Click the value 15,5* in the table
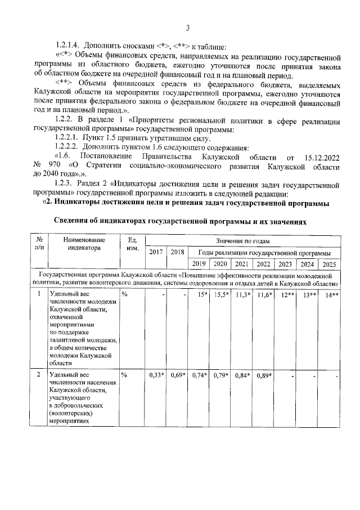pyautogui.click(x=220, y=294)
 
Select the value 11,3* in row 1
pyautogui.click(x=242, y=294)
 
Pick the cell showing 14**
pyautogui.click(x=330, y=294)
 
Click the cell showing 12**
pyautogui.click(x=286, y=294)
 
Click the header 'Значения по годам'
pyautogui.click(x=242, y=240)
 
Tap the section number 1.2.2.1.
pyautogui.click(x=66, y=137)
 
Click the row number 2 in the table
pyautogui.click(x=39, y=374)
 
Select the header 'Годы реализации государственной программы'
pyautogui.click(x=264, y=252)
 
